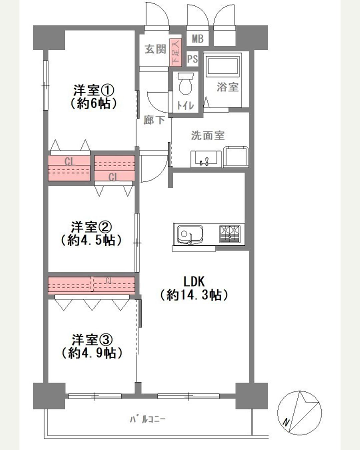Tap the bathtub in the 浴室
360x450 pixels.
[222, 66]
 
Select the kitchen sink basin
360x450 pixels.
[190, 234]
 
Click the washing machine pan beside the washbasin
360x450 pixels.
[236, 156]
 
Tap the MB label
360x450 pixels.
[197, 39]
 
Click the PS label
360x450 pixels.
[192, 59]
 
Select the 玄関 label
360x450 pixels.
[155, 49]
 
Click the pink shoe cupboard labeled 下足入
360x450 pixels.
[175, 52]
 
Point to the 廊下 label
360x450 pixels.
[154, 120]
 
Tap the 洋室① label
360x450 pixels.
[94, 90]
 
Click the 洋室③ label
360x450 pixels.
[92, 340]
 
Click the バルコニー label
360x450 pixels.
[147, 419]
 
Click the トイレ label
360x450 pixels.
[185, 106]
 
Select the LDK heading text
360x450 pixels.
[194, 281]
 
